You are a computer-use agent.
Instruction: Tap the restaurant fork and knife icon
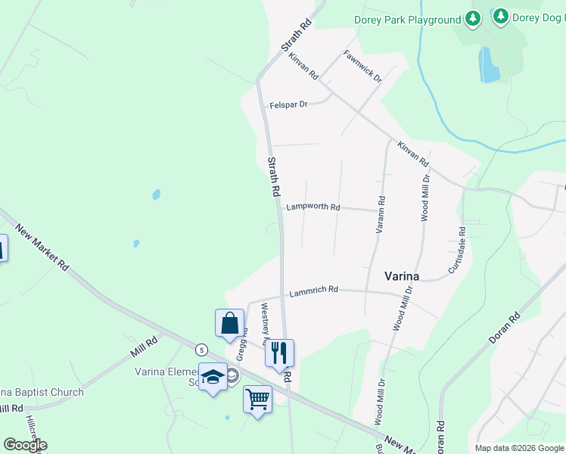point(278,353)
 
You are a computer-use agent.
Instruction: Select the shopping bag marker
point(229,323)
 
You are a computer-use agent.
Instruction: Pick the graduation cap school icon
point(213,377)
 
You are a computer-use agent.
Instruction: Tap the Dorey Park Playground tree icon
point(473,18)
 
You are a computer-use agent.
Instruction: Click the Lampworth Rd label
point(313,207)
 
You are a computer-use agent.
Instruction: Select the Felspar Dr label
point(289,104)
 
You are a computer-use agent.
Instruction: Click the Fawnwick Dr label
point(362,66)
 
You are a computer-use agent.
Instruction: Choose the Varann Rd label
point(381,214)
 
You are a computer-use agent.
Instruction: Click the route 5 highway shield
point(201,350)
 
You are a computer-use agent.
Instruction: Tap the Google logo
point(25,445)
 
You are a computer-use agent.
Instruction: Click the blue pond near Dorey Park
point(488,64)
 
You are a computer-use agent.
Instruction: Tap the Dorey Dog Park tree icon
point(500,16)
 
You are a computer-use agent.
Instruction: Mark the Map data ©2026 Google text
point(519,447)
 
